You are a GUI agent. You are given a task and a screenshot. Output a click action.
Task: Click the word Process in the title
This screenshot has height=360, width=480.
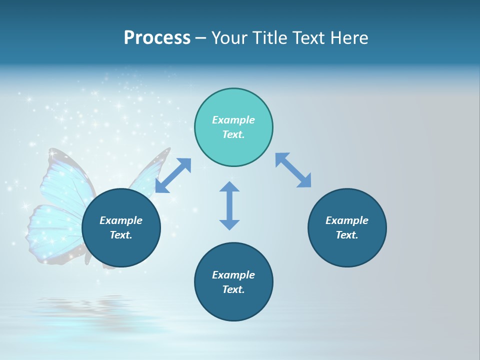click(x=157, y=38)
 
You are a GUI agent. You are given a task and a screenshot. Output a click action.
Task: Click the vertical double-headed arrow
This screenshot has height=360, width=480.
click(x=229, y=205)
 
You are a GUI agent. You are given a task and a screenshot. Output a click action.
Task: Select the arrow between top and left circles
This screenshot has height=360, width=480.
click(x=173, y=175)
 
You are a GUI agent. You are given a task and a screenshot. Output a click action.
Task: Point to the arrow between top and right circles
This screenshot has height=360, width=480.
click(x=293, y=170)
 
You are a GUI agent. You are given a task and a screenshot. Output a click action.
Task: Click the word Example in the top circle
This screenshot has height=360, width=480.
click(x=233, y=120)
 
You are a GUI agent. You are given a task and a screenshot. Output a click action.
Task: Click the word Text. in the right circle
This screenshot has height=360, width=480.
click(x=347, y=235)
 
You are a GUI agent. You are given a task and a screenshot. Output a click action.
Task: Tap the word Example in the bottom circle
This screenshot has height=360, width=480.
click(x=233, y=275)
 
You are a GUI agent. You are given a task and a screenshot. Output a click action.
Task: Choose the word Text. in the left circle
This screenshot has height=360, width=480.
click(x=121, y=235)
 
